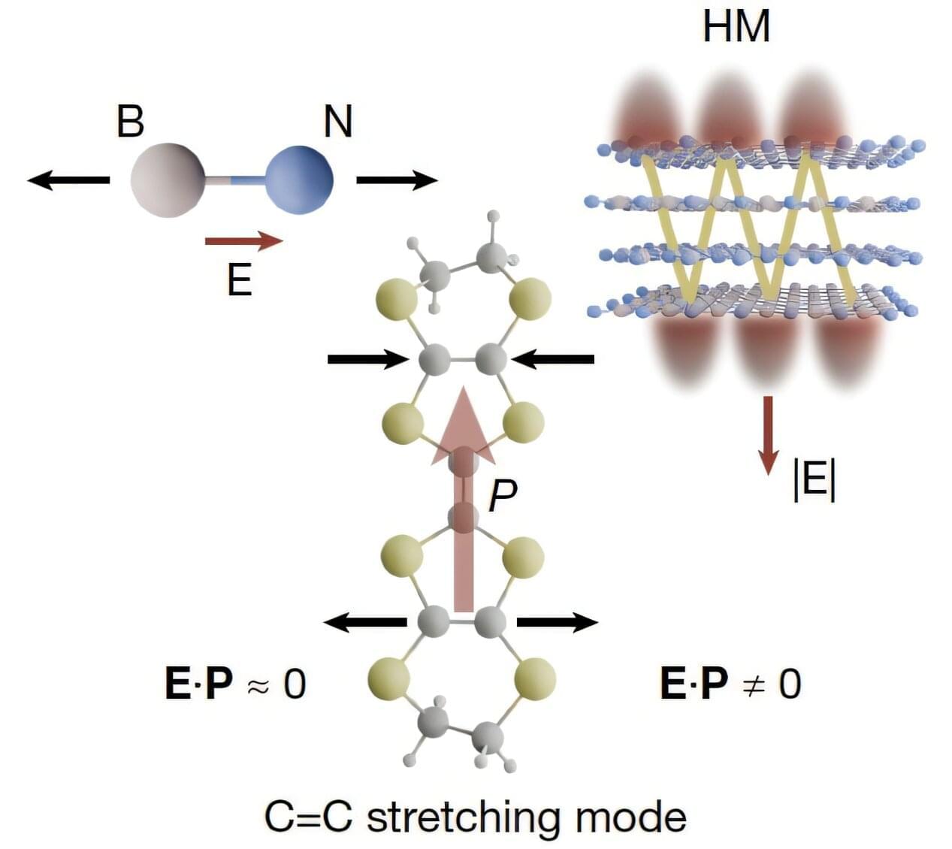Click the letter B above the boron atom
130,121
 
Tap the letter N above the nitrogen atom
337,121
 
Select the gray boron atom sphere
167,180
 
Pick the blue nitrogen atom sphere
299,180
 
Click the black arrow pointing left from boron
68,180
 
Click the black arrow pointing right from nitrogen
397,180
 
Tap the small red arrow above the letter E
243,241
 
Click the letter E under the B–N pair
239,281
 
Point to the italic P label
502,495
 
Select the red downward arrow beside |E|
767,436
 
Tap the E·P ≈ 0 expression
235,683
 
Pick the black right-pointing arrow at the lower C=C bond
557,622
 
